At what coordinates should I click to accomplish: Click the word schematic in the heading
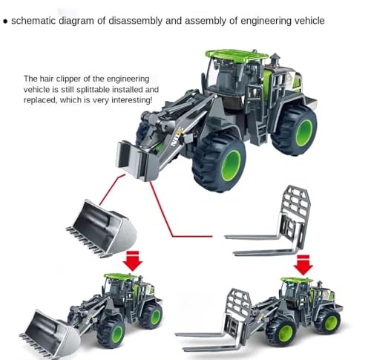pyautogui.click(x=36, y=20)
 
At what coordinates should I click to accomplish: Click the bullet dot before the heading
pyautogui.click(x=6, y=21)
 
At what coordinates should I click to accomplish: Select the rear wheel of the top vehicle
pyautogui.click(x=295, y=128)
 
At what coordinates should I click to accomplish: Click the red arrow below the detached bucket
pyautogui.click(x=133, y=261)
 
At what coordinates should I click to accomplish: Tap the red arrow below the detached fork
pyautogui.click(x=303, y=264)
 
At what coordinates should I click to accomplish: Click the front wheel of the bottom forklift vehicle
pyautogui.click(x=282, y=332)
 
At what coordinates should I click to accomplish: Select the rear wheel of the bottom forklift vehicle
pyautogui.click(x=327, y=320)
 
